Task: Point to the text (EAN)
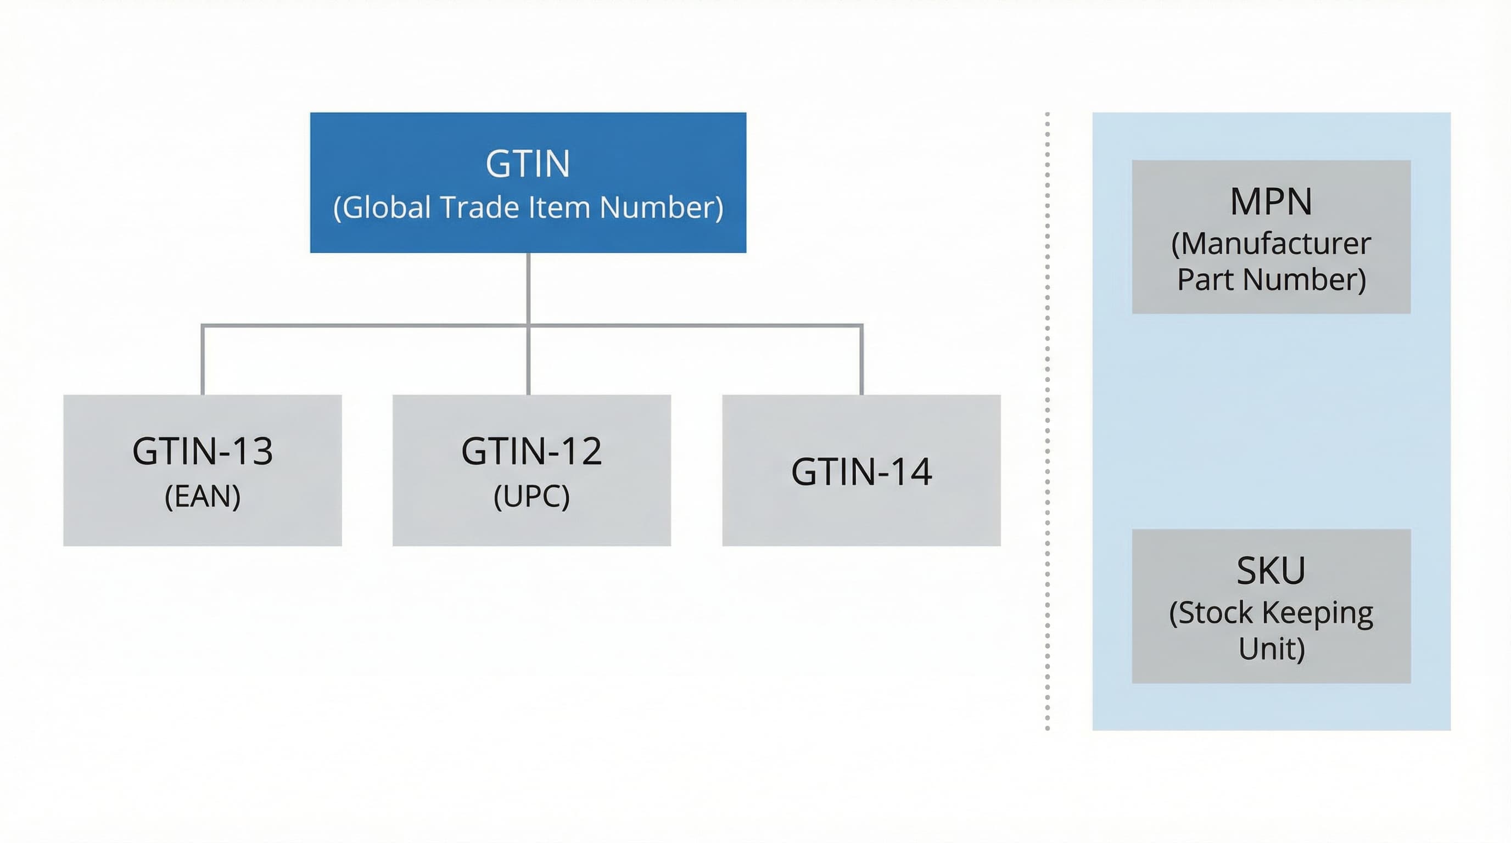point(203,497)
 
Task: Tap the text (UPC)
point(531,497)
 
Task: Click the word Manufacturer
point(1271,244)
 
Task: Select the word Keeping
point(1317,613)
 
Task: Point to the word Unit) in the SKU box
point(1271,649)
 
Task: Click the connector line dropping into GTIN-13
point(203,360)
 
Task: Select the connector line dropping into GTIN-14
point(861,360)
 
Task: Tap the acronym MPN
point(1271,201)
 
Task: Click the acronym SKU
point(1271,570)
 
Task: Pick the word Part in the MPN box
point(1205,280)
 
